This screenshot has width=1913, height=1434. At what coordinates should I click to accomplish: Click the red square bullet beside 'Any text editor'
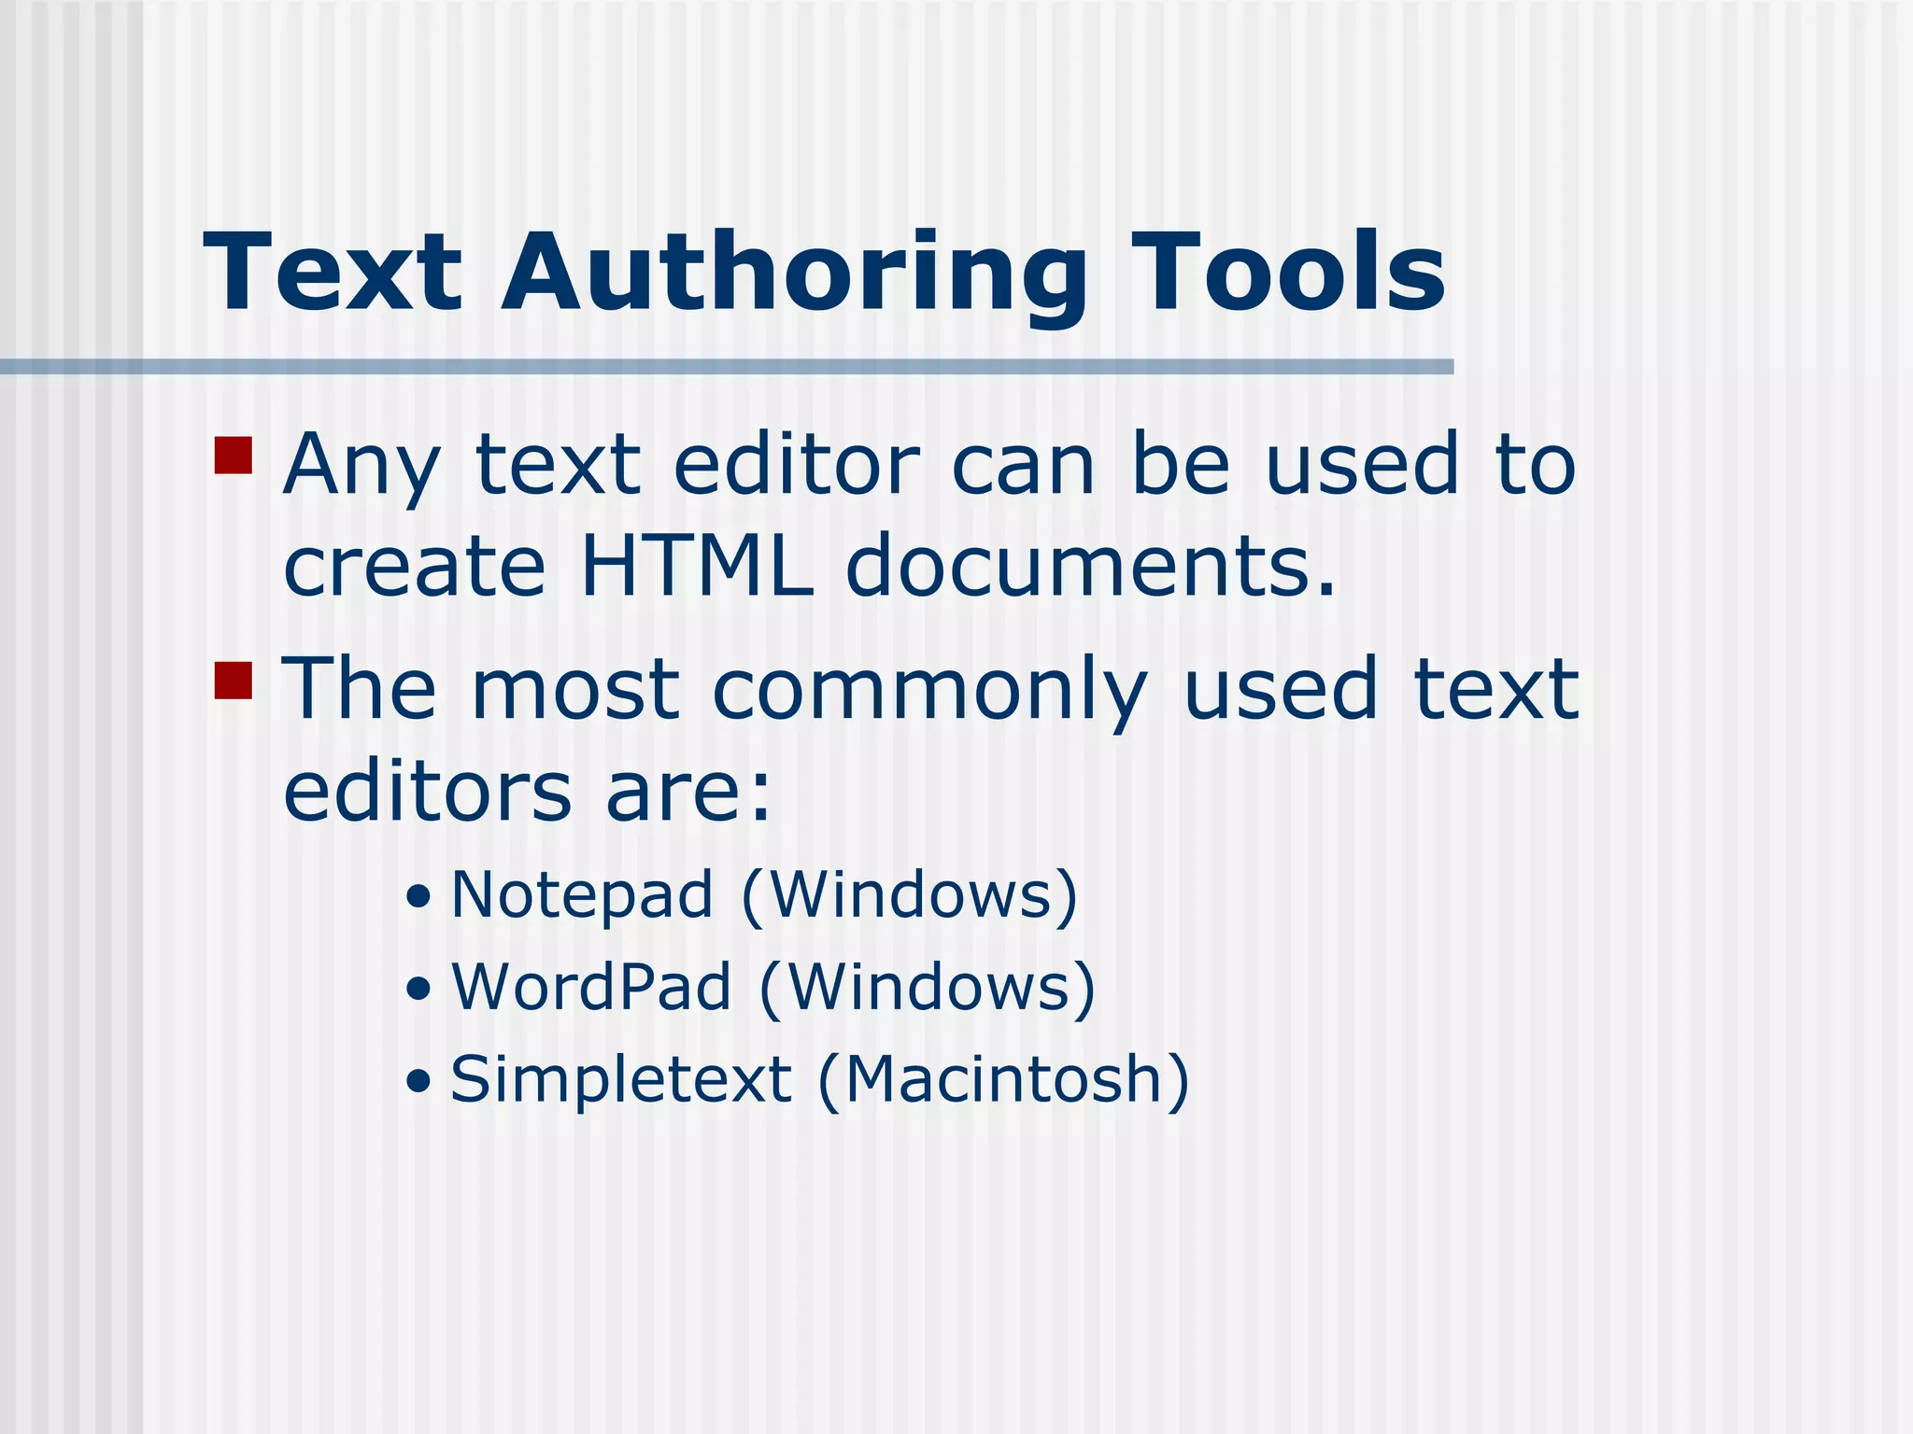point(234,456)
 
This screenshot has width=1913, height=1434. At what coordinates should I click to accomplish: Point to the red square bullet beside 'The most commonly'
point(234,680)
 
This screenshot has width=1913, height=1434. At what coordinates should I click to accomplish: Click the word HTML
point(696,566)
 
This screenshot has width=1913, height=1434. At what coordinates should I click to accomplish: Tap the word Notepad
point(582,894)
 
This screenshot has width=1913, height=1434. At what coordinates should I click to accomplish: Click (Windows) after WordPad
point(928,988)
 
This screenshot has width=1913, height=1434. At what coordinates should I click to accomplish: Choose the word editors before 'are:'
point(427,792)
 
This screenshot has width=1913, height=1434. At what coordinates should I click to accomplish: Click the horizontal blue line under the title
point(727,367)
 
